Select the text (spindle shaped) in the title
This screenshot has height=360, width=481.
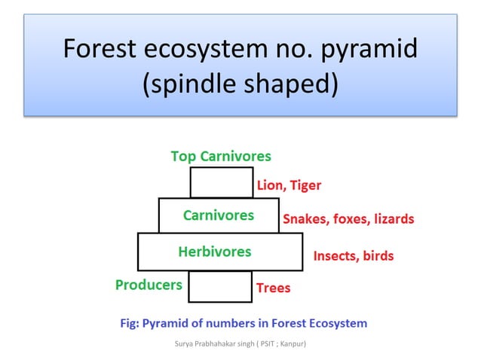coord(240,84)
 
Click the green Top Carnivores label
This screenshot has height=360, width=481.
coord(221,157)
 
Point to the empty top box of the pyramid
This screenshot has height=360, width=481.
coord(221,183)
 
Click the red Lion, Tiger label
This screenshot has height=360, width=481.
coord(289,185)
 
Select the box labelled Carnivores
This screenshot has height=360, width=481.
coord(219,215)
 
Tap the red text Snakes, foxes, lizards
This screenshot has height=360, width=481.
coord(348,219)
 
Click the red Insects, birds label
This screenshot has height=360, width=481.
coord(353,256)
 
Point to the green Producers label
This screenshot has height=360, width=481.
coord(149,285)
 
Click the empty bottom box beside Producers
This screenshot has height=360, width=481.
coord(219,286)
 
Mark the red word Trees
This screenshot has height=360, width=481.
coord(273,288)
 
